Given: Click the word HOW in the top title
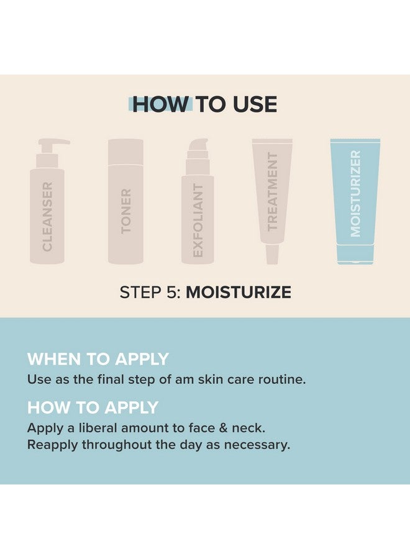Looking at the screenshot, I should coord(159,104).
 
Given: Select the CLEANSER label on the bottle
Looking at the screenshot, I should coord(47,216).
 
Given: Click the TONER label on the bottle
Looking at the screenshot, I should coord(126,211).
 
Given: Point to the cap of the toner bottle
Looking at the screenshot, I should coord(126,149).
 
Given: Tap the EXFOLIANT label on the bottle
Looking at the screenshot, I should coord(198,220).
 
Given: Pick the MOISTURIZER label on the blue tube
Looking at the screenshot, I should coord(355,193).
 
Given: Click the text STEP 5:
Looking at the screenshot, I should coord(150,293).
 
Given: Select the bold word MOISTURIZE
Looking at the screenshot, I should coord(239,293).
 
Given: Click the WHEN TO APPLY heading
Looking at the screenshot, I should coord(98,359).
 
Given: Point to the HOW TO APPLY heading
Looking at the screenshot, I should coord(93,408).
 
